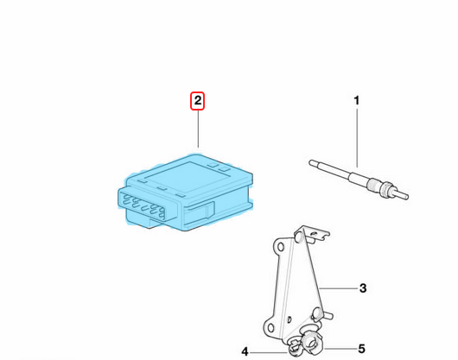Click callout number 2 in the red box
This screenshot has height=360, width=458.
coord(198,101)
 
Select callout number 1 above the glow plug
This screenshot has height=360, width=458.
coord(356,101)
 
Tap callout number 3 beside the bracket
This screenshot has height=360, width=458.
coord(362,288)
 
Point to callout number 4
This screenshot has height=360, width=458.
coord(245,351)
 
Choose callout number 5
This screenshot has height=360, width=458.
coord(361,349)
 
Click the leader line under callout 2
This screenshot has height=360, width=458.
coord(198,129)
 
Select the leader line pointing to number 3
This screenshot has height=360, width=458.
coord(338,288)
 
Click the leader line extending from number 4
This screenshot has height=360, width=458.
coord(268,352)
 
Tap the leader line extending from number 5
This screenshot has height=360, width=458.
coord(340,349)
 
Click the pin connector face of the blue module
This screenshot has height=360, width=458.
coord(147,205)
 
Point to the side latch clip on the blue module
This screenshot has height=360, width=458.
coord(200,210)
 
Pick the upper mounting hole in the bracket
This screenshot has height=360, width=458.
coord(280,248)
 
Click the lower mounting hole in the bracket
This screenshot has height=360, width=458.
coord(270,326)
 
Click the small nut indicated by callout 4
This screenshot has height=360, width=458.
coord(295,348)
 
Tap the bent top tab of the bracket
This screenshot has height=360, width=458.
coord(313,233)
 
